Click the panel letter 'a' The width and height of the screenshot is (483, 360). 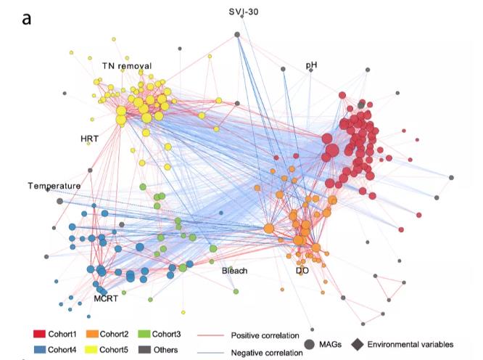[x=27, y=18]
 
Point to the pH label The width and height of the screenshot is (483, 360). [x=311, y=65]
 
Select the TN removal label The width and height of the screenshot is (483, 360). [x=126, y=66]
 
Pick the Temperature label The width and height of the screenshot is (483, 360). [x=54, y=187]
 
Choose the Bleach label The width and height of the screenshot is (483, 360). [x=235, y=271]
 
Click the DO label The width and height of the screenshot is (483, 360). [x=302, y=271]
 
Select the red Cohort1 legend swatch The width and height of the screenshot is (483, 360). [x=41, y=335]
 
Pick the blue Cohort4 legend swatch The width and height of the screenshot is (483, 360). [x=41, y=349]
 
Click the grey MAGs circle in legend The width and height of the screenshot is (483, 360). [x=310, y=344]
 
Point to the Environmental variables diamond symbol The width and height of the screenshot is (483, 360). [x=358, y=344]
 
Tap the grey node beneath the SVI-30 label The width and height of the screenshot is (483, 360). [x=237, y=34]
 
